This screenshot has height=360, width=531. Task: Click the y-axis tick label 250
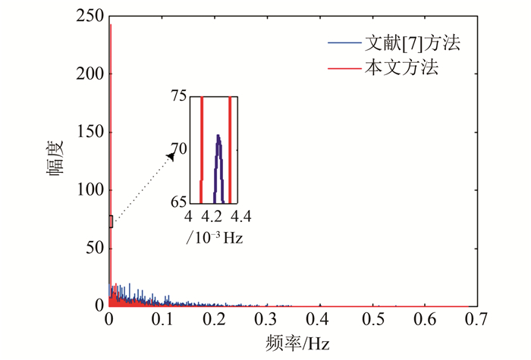click(90, 16)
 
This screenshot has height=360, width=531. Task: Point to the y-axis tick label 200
click(90, 74)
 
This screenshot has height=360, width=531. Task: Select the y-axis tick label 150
click(90, 132)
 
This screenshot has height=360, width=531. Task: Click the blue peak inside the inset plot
click(218, 136)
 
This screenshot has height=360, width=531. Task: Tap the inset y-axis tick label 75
click(178, 97)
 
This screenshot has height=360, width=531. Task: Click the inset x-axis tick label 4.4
click(241, 218)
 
